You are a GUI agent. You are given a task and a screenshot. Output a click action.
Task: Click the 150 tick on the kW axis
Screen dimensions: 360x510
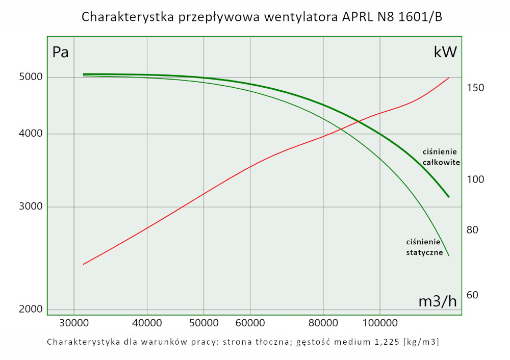coord(475,88)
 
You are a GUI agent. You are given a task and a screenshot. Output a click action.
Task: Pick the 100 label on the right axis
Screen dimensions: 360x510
coord(475,180)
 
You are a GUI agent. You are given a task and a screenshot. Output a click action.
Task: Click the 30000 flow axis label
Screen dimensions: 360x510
coord(74,323)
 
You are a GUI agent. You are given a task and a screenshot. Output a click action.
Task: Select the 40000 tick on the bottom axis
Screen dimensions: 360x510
coord(147,323)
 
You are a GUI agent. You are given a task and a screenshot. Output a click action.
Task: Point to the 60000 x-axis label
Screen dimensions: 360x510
coord(250,323)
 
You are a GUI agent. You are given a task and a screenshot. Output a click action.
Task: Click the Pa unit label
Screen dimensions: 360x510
coord(61,52)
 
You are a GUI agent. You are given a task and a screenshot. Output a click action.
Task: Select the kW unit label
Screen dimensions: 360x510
coord(445,52)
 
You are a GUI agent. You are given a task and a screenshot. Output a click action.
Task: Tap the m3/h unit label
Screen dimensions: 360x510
coord(437,301)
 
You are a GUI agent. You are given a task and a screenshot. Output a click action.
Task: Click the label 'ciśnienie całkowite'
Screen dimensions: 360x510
coord(441,157)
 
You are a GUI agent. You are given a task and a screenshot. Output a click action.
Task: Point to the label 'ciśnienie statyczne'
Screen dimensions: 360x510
coord(424,247)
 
